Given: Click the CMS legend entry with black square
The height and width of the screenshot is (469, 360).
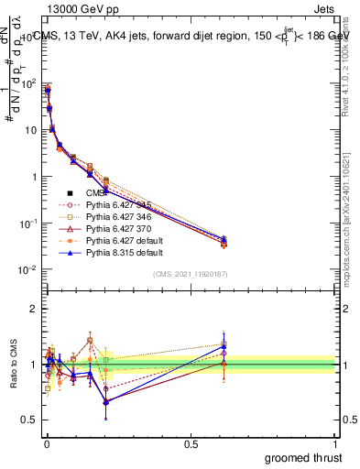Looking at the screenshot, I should [95, 193].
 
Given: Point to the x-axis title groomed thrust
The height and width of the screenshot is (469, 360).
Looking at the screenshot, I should [305, 457].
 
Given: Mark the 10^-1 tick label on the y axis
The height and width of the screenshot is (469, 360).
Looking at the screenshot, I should [25, 224].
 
